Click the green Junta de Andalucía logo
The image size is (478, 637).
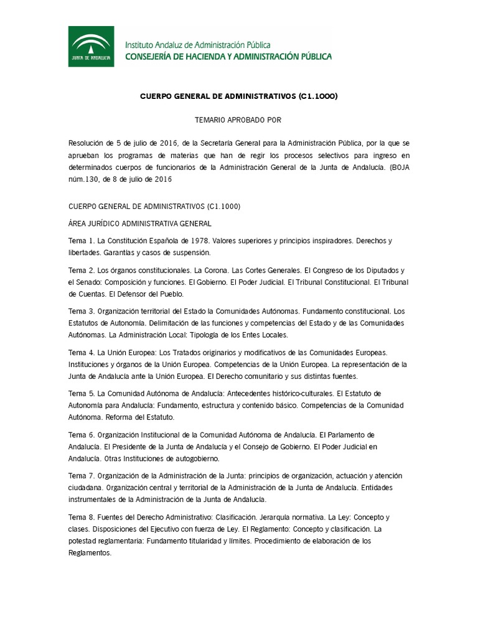click(91, 46)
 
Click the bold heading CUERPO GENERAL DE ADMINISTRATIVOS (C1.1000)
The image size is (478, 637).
click(238, 96)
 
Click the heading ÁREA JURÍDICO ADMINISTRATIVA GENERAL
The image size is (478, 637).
click(140, 223)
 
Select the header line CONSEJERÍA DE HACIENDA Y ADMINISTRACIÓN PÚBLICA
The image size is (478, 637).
click(228, 56)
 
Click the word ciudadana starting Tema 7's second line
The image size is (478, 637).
click(85, 487)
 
